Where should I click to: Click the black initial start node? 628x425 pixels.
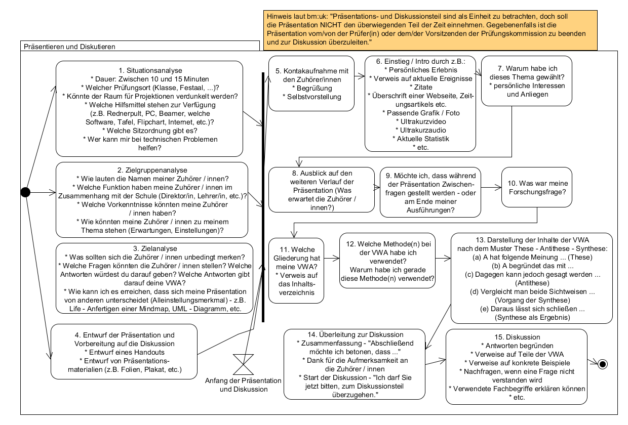[x=25, y=192]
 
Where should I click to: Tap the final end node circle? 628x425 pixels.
[x=602, y=363]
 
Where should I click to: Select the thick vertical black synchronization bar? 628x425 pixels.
[x=263, y=197]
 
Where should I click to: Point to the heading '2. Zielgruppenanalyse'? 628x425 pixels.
[x=152, y=170]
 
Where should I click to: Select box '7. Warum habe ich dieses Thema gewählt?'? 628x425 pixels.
[x=527, y=81]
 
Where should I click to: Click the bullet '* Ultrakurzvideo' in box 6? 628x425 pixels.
[x=420, y=121]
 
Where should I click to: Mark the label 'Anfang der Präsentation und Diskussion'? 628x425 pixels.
[x=244, y=385]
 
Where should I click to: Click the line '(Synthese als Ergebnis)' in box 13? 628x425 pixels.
[x=531, y=317]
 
